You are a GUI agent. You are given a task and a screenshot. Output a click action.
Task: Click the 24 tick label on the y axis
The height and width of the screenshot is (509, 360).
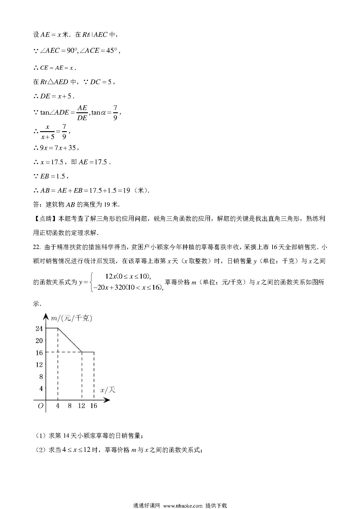(39, 328)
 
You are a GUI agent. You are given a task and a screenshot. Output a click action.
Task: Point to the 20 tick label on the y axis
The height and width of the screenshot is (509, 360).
(39, 340)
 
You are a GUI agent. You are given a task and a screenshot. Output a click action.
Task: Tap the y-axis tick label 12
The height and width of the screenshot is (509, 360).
(39, 364)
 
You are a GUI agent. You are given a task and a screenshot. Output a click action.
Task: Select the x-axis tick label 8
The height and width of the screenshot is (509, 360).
(70, 406)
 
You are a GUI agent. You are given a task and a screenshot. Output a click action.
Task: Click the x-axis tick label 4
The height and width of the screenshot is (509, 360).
(58, 406)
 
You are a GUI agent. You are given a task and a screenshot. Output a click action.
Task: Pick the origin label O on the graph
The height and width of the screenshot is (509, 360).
(40, 406)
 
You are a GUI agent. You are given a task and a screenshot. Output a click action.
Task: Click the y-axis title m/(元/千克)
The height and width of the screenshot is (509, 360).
(71, 318)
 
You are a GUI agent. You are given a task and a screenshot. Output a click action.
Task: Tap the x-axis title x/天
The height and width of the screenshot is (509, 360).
(108, 390)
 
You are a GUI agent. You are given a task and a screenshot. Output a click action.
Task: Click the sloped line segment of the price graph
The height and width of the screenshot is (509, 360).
(70, 340)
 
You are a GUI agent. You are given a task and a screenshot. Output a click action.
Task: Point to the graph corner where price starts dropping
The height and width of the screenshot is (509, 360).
(58, 328)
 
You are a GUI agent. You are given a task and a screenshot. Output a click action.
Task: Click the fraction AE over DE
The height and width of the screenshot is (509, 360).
(82, 113)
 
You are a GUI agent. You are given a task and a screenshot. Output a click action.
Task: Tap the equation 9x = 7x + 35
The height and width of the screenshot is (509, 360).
(58, 148)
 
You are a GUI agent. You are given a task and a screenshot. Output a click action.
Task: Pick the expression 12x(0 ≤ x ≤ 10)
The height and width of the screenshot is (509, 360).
(128, 276)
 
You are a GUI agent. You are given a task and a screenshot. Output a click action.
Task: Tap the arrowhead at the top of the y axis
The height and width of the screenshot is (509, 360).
(46, 316)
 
